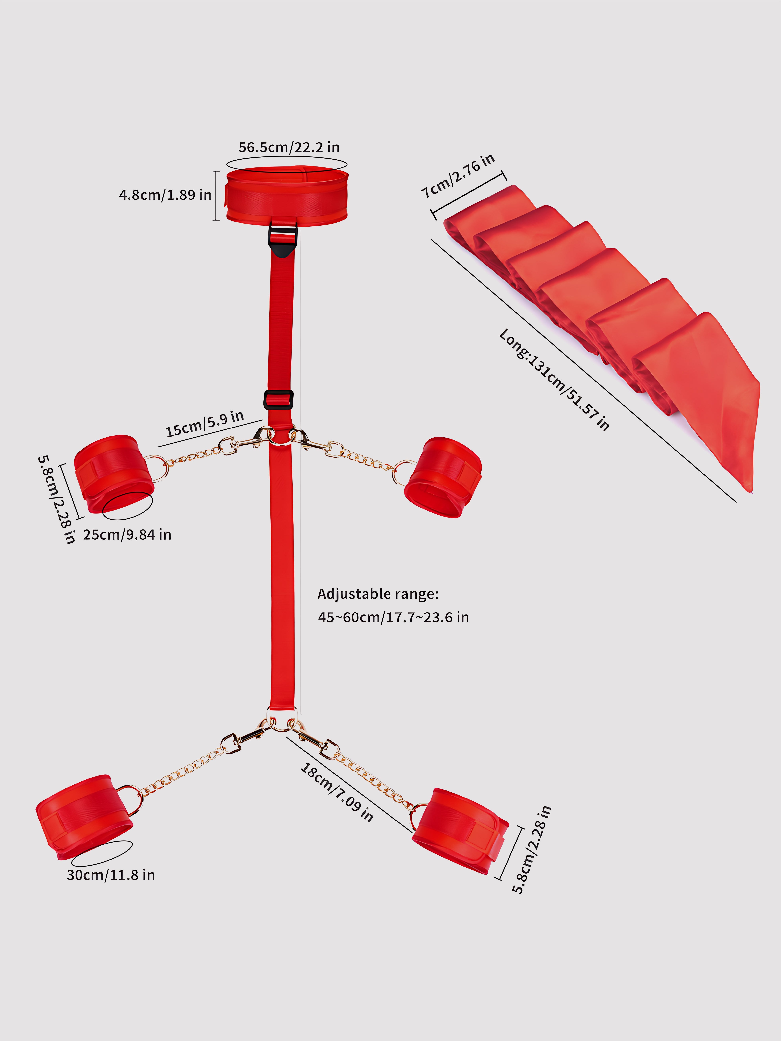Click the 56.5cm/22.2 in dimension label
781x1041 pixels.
click(x=289, y=147)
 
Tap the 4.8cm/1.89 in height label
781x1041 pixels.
click(x=165, y=195)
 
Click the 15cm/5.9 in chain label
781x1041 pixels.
click(x=204, y=424)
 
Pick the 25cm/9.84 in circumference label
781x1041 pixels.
click(x=127, y=535)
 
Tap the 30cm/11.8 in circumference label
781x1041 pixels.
click(x=111, y=875)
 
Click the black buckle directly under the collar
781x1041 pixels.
click(x=283, y=240)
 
